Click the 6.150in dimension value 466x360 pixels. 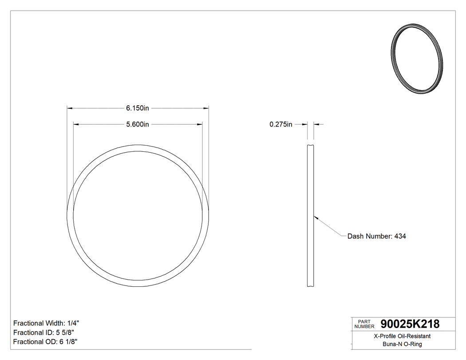[x=137, y=108]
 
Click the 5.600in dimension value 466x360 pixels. [x=137, y=124]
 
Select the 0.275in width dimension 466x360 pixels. [x=281, y=124]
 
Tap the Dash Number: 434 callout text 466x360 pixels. [x=376, y=236]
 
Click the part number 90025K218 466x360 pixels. [x=407, y=324]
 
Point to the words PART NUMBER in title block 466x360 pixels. [x=363, y=324]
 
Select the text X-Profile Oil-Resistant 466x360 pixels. [x=402, y=336]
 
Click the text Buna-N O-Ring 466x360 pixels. [x=402, y=344]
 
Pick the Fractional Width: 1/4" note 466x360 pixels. [x=47, y=323]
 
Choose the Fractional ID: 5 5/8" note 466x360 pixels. [x=44, y=332]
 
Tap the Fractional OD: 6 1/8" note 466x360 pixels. [x=46, y=342]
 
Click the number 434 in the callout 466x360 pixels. [x=400, y=236]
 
